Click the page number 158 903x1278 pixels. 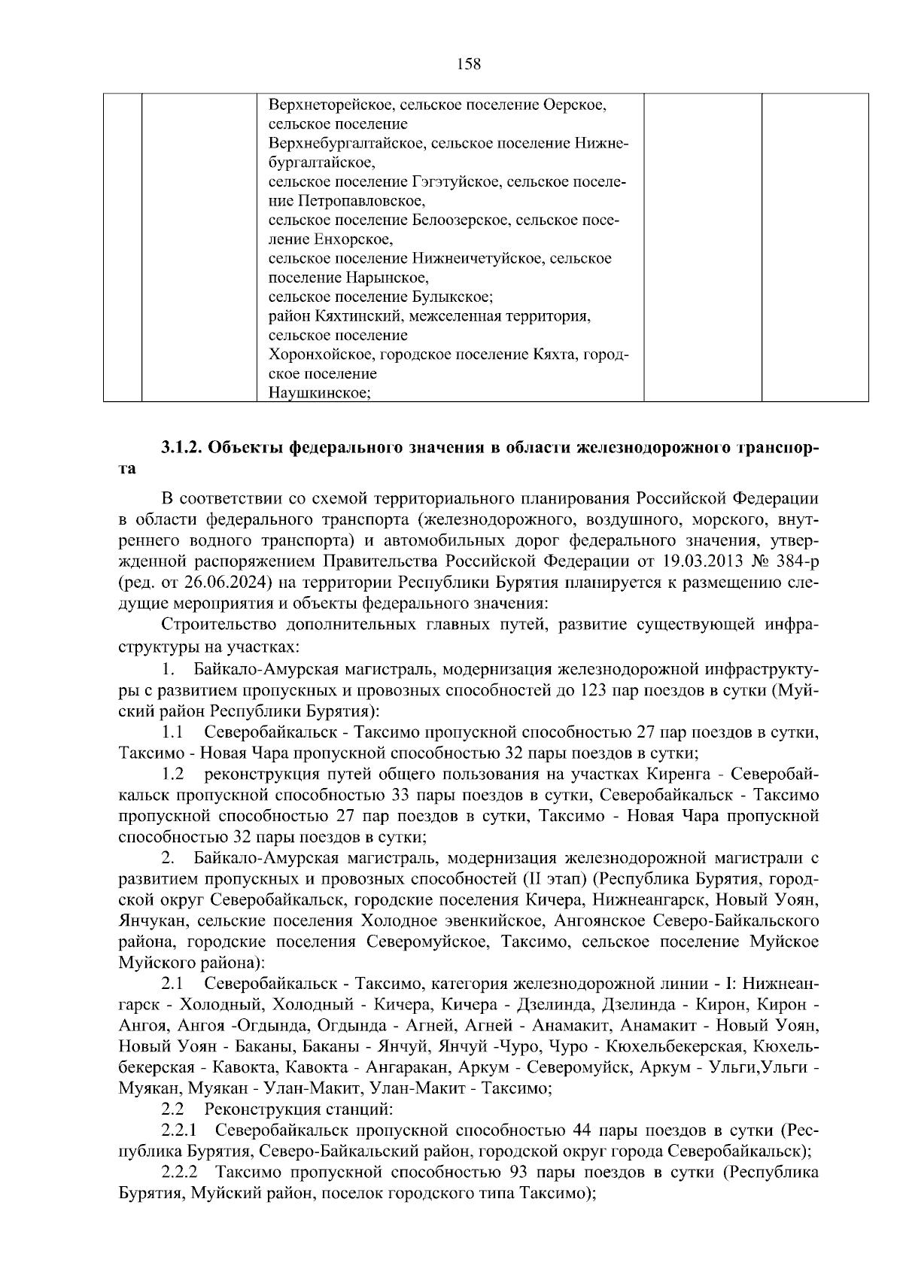[x=469, y=64]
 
